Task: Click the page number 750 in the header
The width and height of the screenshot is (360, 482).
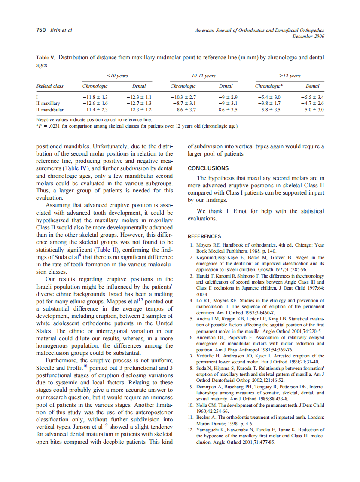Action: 40,30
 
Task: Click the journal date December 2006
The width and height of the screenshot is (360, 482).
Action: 308,36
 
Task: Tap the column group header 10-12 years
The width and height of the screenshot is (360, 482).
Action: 204,76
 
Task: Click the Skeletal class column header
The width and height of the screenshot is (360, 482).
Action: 49,86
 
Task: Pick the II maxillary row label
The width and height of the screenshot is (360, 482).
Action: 48,104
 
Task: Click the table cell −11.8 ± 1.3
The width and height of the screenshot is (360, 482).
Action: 95,98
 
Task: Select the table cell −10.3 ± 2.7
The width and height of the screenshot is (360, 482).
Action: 183,98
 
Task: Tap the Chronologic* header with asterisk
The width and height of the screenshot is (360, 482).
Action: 268,86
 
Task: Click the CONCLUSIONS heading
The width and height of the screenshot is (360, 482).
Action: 208,168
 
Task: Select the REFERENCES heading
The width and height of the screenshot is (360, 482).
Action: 204,236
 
